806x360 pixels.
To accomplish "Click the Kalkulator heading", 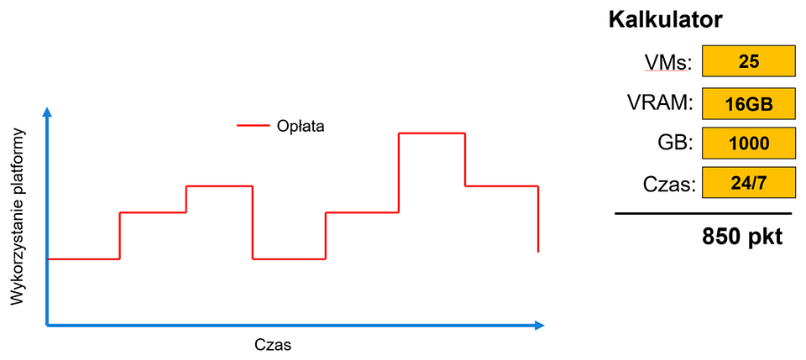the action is click(666, 20).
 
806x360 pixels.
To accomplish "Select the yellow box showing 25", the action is click(749, 61).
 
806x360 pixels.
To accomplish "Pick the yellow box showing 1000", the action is click(749, 143).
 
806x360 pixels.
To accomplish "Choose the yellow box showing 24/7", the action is click(749, 183).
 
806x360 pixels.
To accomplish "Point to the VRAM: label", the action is click(660, 102).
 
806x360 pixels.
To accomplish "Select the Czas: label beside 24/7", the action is click(669, 185).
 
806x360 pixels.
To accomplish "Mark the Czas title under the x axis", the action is click(273, 344).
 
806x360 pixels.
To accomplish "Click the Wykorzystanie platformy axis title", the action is click(18, 216).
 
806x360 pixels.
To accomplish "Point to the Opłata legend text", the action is click(301, 127).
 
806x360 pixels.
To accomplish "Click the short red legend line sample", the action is click(253, 125).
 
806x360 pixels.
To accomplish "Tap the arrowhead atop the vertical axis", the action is click(47, 112).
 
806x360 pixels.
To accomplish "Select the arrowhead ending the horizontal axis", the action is click(539, 325).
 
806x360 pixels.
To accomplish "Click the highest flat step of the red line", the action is click(432, 133).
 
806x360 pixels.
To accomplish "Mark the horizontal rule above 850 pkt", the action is click(703, 213).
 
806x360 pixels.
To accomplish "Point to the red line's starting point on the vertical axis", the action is click(48, 258).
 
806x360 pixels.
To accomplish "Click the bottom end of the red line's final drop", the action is click(537, 252).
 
